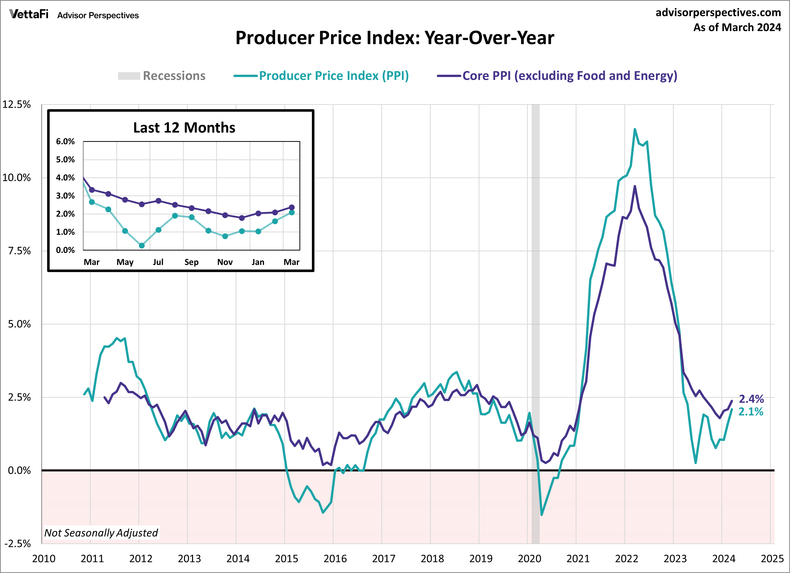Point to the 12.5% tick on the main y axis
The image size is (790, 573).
tap(16, 105)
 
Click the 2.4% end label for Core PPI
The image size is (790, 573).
tap(751, 399)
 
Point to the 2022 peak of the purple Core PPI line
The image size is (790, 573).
tap(635, 186)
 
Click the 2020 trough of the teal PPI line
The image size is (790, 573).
tap(541, 514)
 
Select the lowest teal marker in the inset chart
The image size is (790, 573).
tap(142, 245)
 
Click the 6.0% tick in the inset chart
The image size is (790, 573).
tap(65, 141)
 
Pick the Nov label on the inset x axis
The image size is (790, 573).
tap(225, 262)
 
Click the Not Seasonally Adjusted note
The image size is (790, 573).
tap(101, 532)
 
